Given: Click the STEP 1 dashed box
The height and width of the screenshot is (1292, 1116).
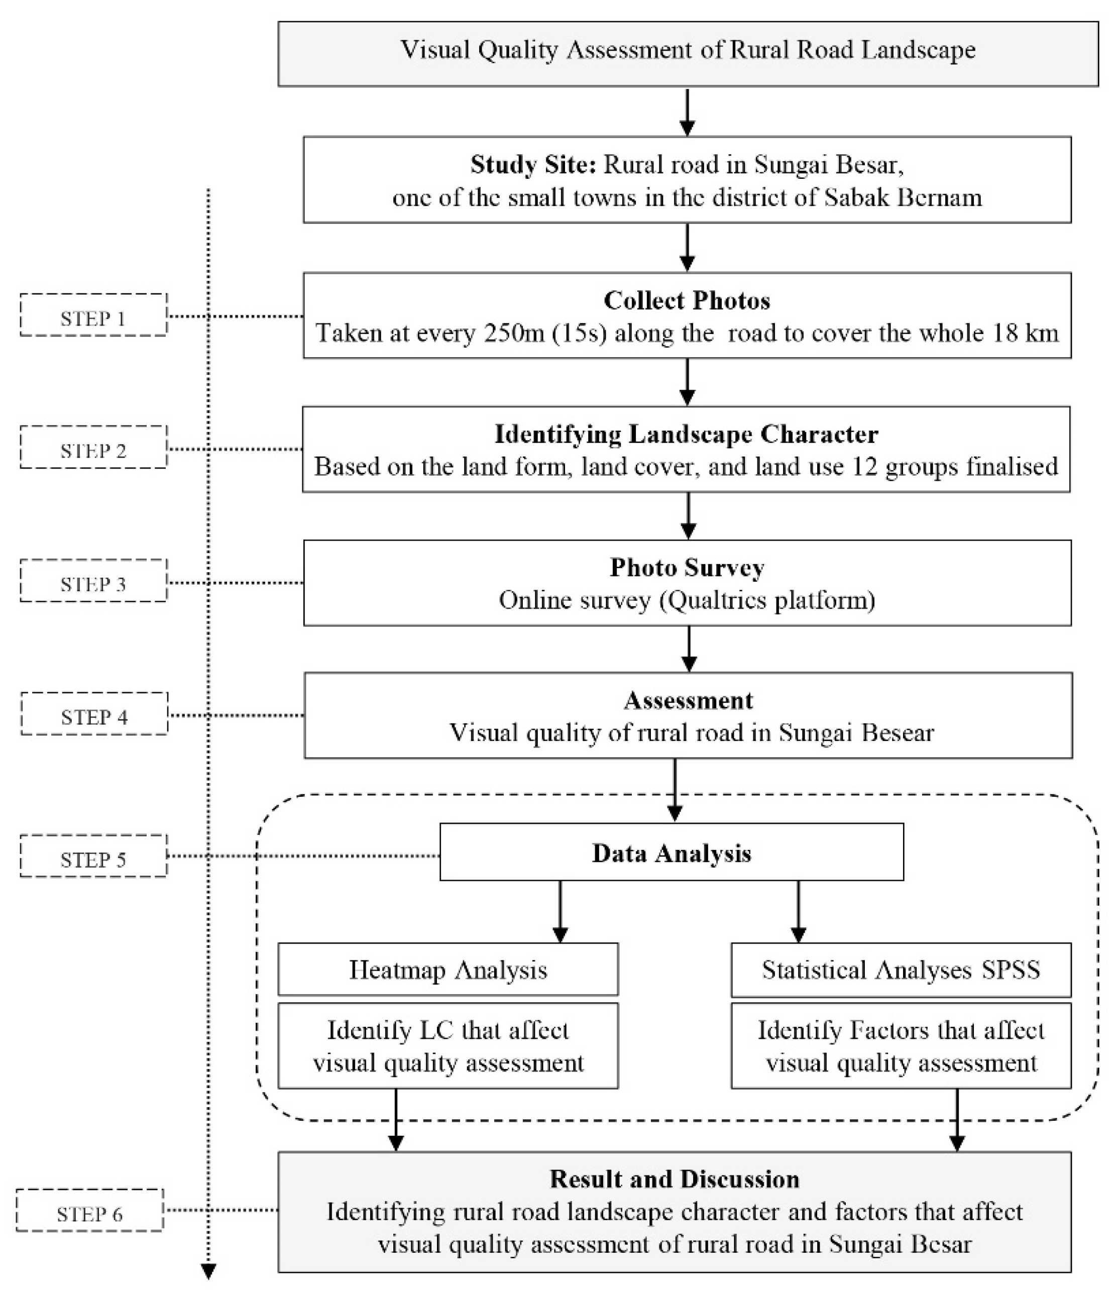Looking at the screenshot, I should point(93,315).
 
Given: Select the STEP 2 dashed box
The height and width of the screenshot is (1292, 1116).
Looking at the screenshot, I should point(93,447).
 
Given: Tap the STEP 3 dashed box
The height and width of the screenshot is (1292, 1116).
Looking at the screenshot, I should point(93,581).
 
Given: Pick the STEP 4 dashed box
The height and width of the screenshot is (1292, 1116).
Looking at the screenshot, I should point(94,713).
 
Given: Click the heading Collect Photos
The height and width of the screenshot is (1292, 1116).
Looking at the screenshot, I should point(687,300).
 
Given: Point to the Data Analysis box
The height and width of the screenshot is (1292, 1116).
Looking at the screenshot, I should point(672,852).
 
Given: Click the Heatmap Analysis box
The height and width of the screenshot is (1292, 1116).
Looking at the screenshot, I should point(448,970).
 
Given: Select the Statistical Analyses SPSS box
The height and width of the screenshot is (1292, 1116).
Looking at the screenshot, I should point(901,970).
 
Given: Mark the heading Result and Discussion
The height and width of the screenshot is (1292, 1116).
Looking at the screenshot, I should point(674,1179).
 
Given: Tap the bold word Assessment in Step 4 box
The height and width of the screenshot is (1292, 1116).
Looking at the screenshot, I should point(688,700).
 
